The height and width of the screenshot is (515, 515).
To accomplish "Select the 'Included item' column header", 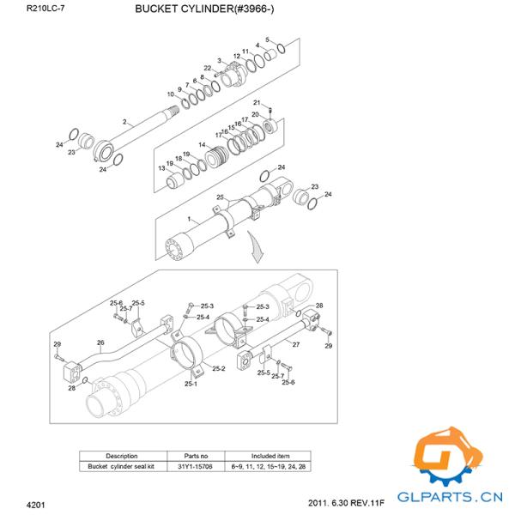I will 270,456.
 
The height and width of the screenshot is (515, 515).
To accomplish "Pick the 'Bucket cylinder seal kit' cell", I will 121,466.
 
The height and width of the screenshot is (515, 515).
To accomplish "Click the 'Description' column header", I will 121,456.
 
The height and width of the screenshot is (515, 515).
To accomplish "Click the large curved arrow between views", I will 255,251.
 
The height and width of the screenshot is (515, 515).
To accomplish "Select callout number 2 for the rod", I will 124,122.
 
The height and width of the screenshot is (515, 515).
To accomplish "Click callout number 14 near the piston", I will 202,145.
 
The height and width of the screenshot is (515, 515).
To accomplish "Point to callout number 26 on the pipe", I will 100,342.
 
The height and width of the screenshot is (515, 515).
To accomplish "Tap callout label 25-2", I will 217,369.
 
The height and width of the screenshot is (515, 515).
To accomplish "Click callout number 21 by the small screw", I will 256,103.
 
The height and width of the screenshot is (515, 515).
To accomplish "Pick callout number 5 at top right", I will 267,39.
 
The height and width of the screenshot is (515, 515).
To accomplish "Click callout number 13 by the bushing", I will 161,168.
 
